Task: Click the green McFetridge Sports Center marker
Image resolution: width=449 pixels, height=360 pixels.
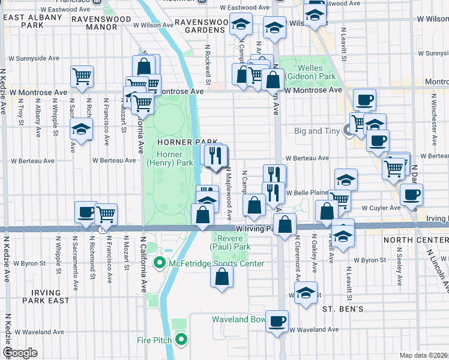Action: pos(160,263)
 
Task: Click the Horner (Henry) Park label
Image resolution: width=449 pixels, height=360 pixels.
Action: pos(170,158)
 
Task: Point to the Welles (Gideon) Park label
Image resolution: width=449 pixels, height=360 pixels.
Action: pos(310,73)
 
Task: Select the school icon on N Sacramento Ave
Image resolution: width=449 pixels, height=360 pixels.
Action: pos(82,128)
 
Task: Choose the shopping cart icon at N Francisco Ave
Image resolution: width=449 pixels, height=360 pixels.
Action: pos(106,213)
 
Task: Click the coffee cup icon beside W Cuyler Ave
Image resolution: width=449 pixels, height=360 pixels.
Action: pos(411,194)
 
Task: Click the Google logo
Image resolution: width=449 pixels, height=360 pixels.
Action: pos(20,353)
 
